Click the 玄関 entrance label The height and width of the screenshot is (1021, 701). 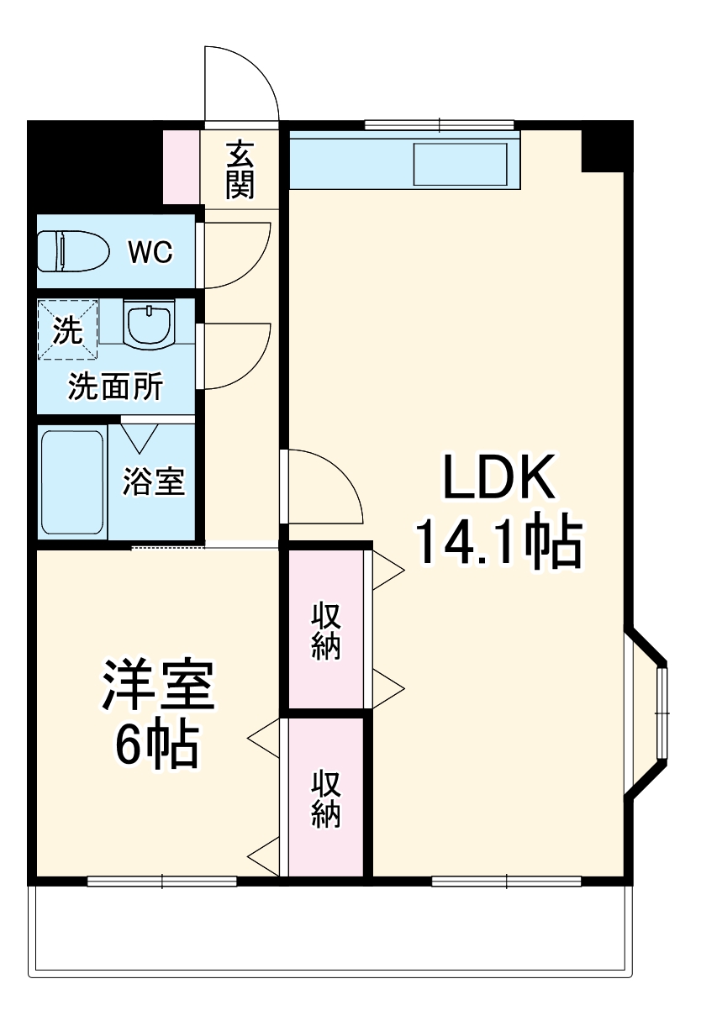[240, 170]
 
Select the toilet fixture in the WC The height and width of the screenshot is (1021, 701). [73, 251]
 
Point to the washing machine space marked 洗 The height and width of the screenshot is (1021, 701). [68, 329]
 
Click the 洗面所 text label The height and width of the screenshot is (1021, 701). [115, 387]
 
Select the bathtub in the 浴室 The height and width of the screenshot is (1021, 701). [72, 482]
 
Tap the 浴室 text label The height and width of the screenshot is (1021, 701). [154, 482]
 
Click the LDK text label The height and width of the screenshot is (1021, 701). [499, 476]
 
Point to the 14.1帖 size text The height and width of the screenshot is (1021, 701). [499, 542]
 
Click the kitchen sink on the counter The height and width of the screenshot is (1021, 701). [461, 165]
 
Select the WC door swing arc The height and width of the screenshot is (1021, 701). [256, 270]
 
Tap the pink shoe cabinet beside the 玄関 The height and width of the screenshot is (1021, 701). [182, 167]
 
